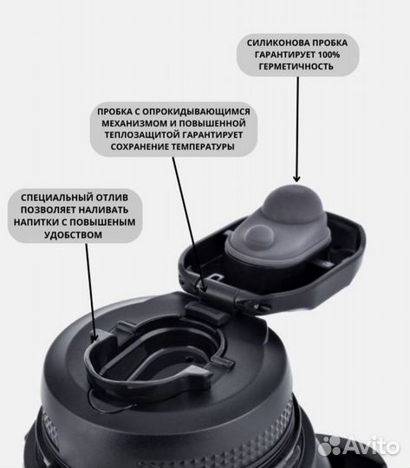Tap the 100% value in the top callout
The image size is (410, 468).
click(x=329, y=55)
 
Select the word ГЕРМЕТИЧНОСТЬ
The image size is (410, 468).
click(x=296, y=67)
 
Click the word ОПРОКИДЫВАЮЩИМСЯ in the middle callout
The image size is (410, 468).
click(x=196, y=112)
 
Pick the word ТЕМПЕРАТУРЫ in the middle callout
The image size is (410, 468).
click(x=203, y=146)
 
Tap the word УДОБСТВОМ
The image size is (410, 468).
click(x=73, y=235)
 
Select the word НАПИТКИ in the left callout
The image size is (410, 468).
click(x=36, y=223)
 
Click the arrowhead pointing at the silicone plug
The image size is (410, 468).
click(x=296, y=179)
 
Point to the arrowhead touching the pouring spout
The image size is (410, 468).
click(x=94, y=337)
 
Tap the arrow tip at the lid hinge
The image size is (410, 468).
click(x=203, y=288)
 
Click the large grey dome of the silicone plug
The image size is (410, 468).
click(x=292, y=204)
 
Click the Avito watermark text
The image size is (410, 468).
click(x=372, y=446)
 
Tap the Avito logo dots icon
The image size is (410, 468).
click(x=329, y=446)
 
